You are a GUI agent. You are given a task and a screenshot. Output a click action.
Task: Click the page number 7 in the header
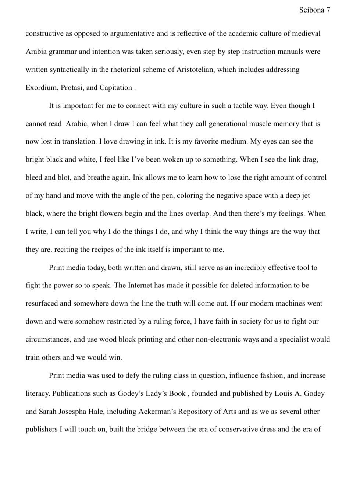[x=328, y=10]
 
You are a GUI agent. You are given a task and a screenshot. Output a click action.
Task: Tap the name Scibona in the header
[x=311, y=10]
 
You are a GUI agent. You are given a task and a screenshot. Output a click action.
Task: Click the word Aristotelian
[x=194, y=70]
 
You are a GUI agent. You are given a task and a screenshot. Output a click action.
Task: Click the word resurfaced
[x=42, y=303]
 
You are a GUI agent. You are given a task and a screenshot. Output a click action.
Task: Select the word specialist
[x=295, y=339]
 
